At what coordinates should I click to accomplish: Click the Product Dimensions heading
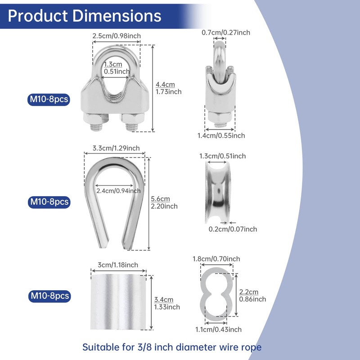pyautogui.click(x=85, y=16)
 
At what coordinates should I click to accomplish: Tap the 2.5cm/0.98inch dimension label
pyautogui.click(x=117, y=36)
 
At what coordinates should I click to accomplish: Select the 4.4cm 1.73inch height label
pyautogui.click(x=168, y=88)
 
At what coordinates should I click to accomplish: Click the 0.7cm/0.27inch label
pyautogui.click(x=226, y=32)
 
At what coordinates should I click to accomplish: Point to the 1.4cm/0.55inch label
pyautogui.click(x=221, y=135)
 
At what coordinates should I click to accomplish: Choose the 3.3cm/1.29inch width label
pyautogui.click(x=116, y=148)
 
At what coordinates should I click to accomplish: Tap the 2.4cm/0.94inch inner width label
pyautogui.click(x=118, y=191)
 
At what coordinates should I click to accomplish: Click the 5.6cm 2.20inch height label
pyautogui.click(x=164, y=202)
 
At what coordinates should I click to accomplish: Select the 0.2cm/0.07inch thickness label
pyautogui.click(x=233, y=229)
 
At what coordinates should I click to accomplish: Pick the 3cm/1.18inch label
pyautogui.click(x=118, y=265)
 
